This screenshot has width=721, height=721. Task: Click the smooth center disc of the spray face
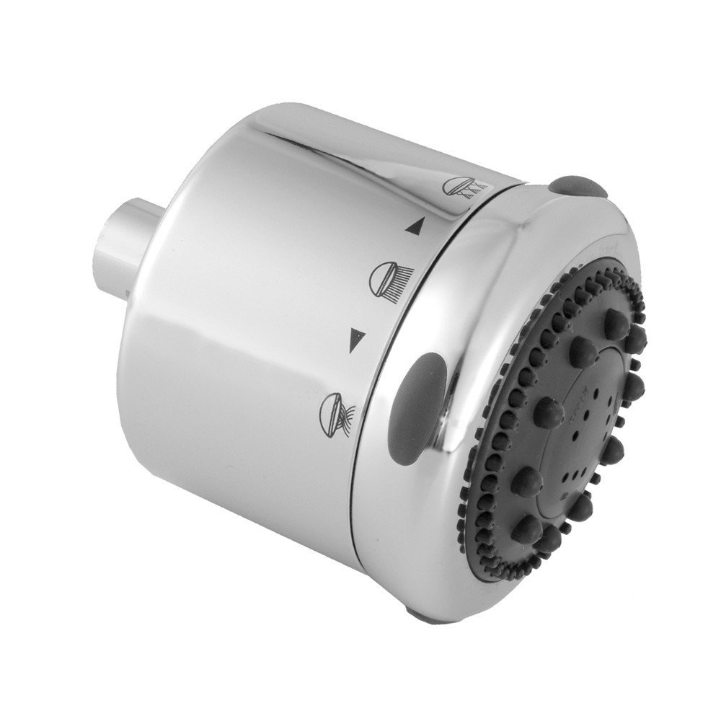coord(588,425)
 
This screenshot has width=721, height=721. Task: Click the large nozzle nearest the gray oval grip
coord(549,412)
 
